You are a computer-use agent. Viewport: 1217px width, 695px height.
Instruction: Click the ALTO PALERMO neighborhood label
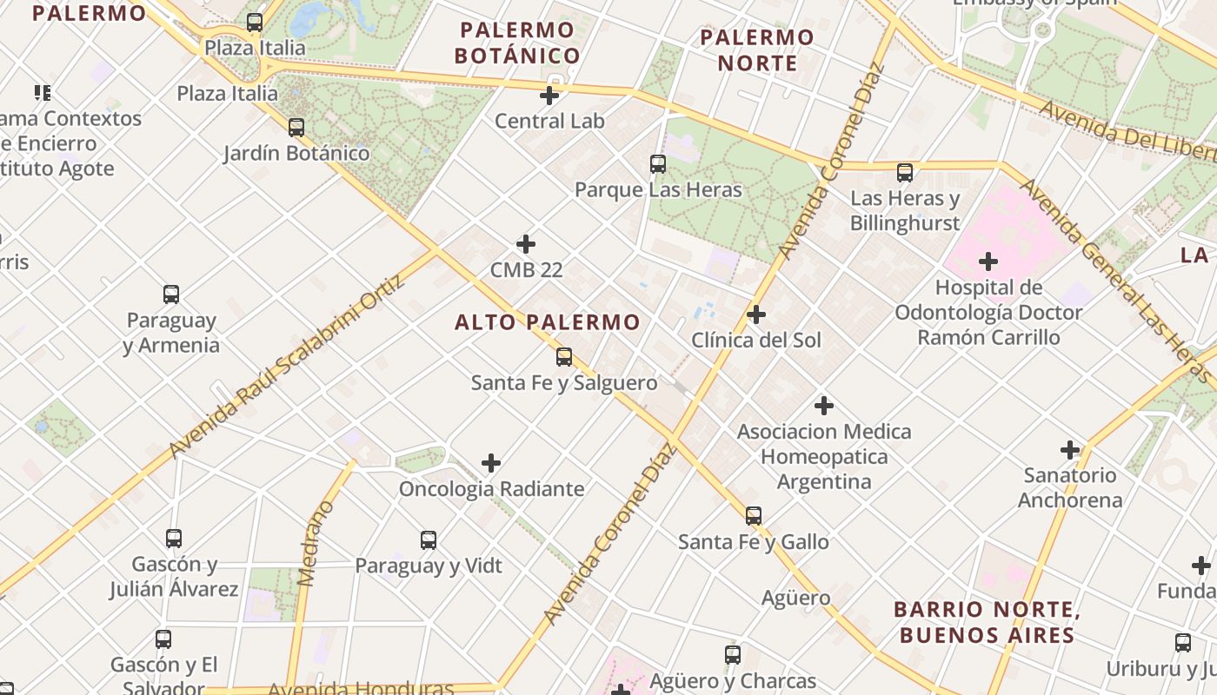(x=548, y=322)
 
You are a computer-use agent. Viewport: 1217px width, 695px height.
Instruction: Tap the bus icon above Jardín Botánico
(x=296, y=128)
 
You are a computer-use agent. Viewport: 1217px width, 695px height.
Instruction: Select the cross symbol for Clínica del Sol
(x=756, y=314)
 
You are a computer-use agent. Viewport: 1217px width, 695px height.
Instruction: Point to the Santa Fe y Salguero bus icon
(x=564, y=356)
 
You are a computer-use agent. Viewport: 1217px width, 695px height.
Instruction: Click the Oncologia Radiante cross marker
(x=491, y=463)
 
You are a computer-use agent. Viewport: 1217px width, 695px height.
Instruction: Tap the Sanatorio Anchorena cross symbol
(x=1070, y=450)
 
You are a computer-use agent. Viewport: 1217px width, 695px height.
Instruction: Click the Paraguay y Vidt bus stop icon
(x=429, y=540)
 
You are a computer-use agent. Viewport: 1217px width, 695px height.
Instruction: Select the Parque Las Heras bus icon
(x=658, y=163)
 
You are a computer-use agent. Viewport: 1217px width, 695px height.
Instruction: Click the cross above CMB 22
(x=526, y=244)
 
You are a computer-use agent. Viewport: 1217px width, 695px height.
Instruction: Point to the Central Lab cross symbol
(x=549, y=96)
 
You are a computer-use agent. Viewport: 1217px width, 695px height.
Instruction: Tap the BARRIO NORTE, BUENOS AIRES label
(x=987, y=622)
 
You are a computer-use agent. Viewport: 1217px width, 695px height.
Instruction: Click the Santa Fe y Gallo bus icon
(x=754, y=516)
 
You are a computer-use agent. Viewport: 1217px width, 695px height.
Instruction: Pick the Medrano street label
(x=315, y=543)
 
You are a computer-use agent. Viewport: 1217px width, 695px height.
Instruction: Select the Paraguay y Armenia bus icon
(x=171, y=295)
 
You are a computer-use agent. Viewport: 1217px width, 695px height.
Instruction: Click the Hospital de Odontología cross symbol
(x=988, y=261)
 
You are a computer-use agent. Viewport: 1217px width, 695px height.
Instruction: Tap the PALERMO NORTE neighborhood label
(x=757, y=50)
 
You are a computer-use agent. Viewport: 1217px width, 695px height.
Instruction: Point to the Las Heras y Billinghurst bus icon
(x=905, y=173)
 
